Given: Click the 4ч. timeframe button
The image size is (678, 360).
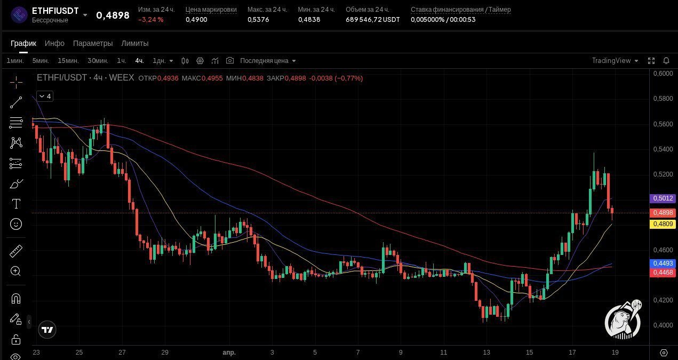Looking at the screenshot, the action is (139, 61).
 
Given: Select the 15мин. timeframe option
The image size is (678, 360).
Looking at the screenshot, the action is (68, 61).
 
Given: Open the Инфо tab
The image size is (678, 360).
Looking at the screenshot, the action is (54, 43).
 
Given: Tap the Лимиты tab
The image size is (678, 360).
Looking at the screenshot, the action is (134, 43).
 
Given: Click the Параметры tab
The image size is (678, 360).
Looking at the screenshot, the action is (93, 43).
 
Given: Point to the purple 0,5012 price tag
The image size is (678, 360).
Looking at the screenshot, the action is (663, 198).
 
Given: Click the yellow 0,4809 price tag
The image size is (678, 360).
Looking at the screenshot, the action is (663, 224).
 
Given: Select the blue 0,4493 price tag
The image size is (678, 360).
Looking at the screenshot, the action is (663, 263).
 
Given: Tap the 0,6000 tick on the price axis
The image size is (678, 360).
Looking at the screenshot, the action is (663, 74).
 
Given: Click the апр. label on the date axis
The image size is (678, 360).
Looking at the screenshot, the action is (229, 353).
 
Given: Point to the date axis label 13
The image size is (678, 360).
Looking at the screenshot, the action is (486, 353).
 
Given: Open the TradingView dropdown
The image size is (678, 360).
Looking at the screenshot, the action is (615, 61).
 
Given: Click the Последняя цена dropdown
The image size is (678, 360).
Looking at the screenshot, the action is (268, 61).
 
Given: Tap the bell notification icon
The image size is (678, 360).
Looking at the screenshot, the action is (666, 61).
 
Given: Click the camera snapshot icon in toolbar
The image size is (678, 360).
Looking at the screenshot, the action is (230, 60).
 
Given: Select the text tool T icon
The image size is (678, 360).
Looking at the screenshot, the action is (16, 204).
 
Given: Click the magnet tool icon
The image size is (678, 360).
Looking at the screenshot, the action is (16, 299).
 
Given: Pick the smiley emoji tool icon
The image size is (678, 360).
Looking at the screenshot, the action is (16, 224).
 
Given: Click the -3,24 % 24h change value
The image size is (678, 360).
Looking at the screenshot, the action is (151, 20).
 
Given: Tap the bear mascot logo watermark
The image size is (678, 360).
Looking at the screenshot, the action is (623, 319).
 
